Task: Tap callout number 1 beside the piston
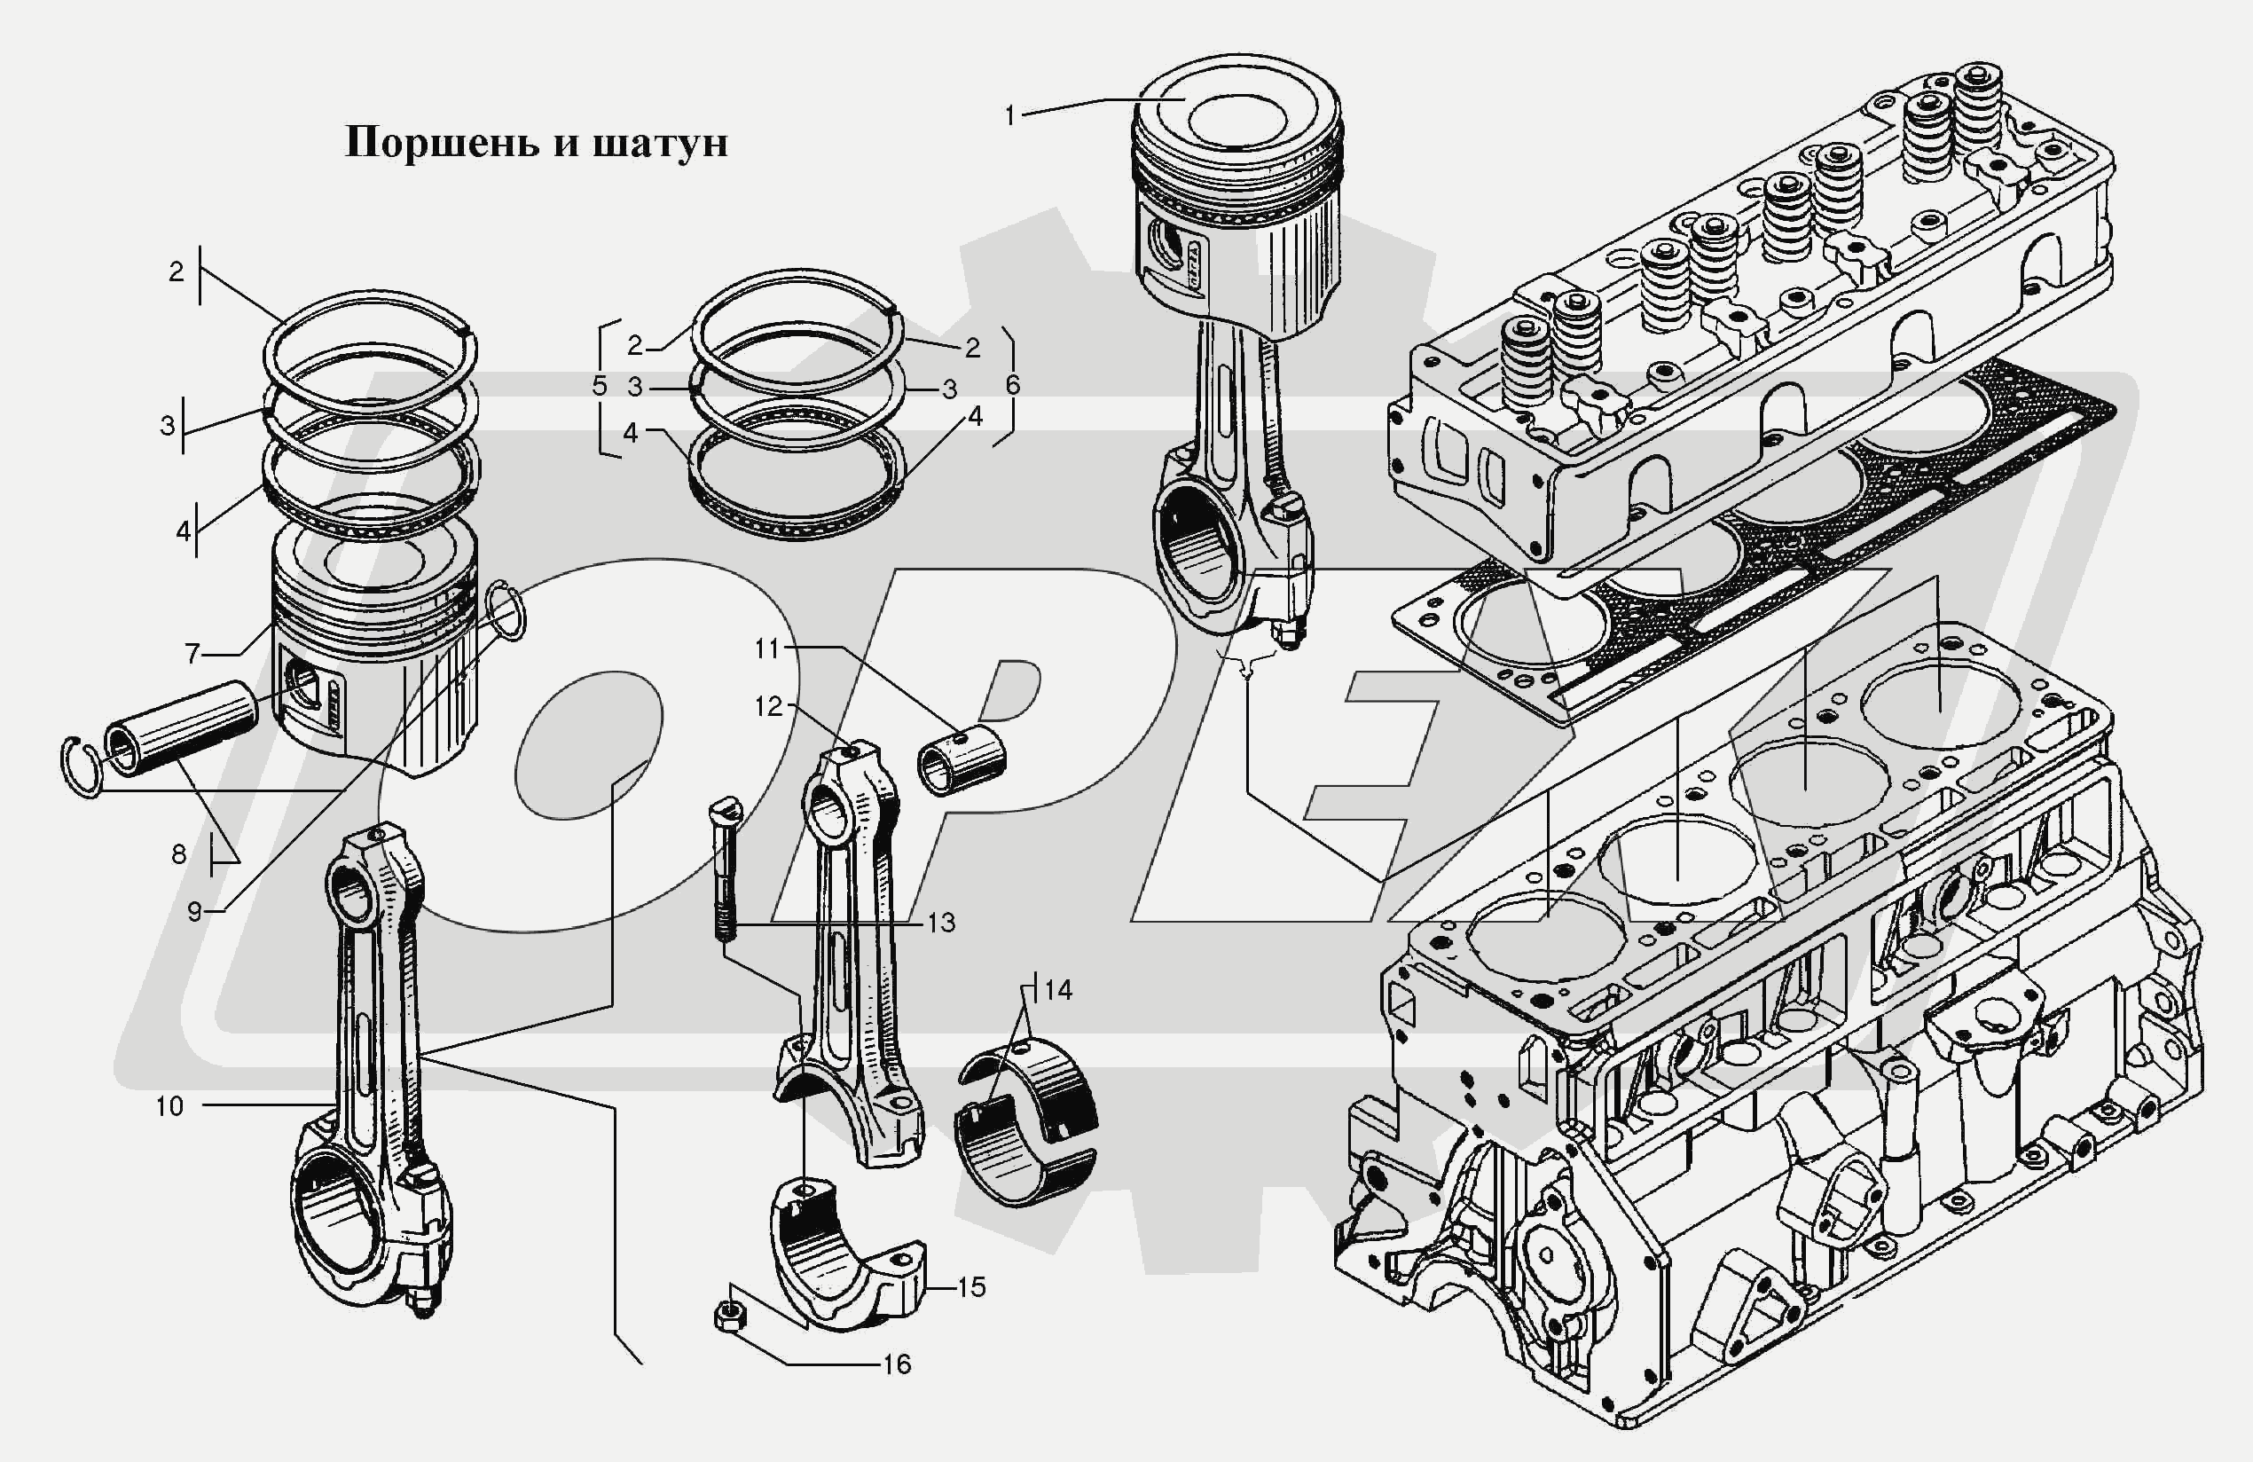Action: tap(1010, 115)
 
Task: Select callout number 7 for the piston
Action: tap(193, 652)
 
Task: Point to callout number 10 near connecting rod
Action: tap(169, 1106)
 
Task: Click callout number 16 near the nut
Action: tap(896, 1364)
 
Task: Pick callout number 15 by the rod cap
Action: tap(971, 1287)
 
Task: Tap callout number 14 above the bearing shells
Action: tap(1057, 990)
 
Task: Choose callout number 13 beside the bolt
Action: tap(941, 923)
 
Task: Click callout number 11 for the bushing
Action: tap(766, 648)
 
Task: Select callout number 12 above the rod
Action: tap(769, 706)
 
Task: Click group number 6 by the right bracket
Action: tap(1012, 384)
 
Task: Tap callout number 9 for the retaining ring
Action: tap(194, 911)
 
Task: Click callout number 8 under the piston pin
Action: tap(179, 854)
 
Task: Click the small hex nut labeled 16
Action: tap(729, 1316)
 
